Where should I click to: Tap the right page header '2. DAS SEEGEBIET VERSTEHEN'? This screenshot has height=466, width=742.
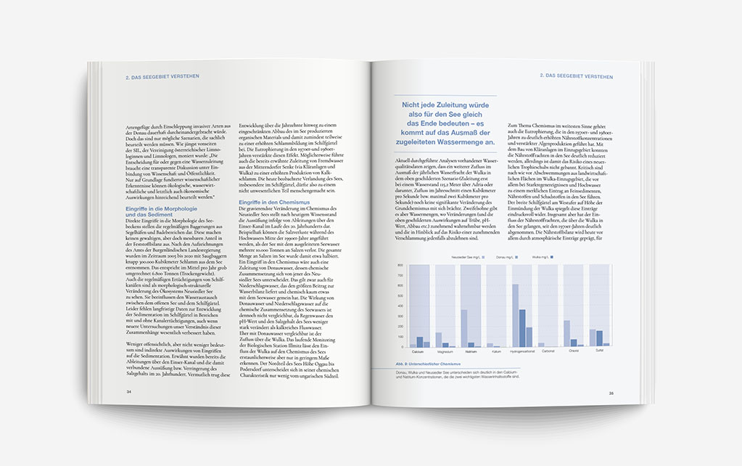577,75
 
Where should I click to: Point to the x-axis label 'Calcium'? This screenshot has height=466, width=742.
418,351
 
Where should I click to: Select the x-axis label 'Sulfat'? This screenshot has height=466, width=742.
598,351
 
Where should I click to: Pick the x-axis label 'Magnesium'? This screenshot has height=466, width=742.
443,351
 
